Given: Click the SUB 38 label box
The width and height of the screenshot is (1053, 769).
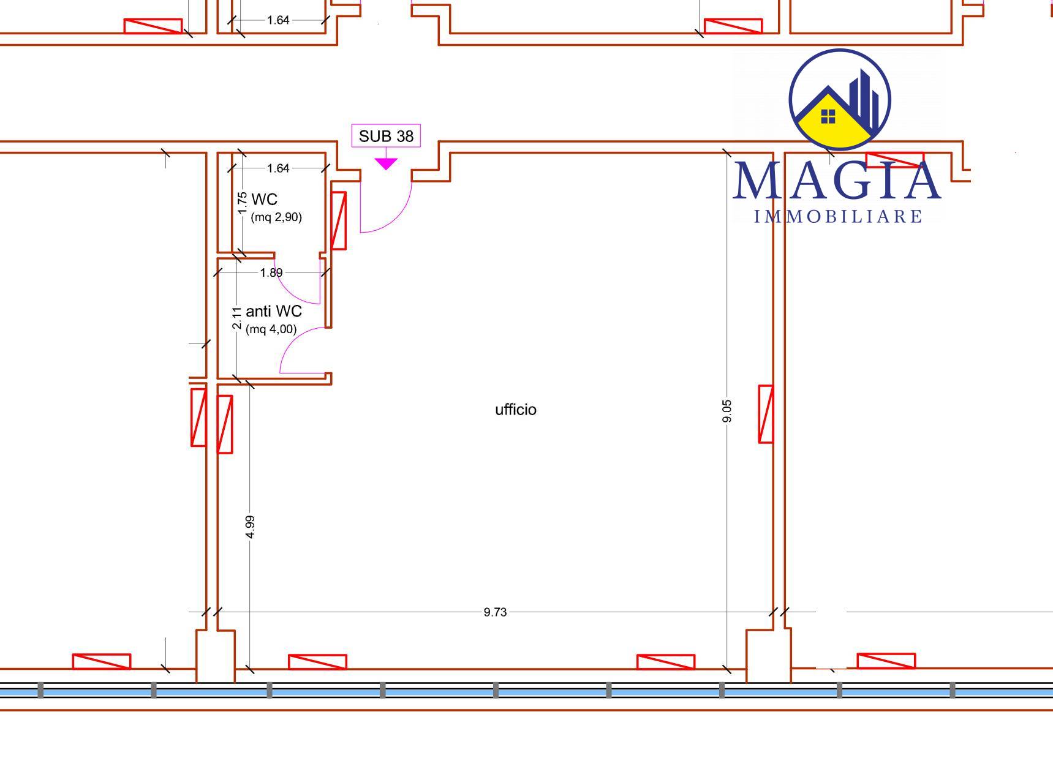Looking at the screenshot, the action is coord(386,136).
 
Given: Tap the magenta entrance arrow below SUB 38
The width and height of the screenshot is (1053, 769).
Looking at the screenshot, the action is coord(386,163).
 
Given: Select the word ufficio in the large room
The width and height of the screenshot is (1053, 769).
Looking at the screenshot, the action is coord(516,410).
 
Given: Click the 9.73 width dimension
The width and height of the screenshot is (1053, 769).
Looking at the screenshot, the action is coord(495,612).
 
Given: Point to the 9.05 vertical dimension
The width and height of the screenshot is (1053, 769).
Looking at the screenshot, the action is coord(727,411).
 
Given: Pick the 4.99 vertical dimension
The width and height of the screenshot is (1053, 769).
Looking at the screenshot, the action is coord(250,527).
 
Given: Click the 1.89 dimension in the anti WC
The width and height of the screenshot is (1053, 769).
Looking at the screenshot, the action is coord(271,272).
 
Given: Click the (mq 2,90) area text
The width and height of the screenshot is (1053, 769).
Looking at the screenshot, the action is coord(276,217).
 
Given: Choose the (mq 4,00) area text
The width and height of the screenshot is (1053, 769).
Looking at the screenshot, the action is coord(271,329).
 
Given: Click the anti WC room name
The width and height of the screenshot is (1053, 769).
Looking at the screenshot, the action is coord(274,312).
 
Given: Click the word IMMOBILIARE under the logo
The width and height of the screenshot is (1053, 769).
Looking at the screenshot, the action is coord(838,217).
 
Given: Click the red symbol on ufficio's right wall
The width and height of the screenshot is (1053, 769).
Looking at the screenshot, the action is coord(766,414).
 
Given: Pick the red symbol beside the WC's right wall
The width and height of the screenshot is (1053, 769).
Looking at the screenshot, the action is coord(339,220).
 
